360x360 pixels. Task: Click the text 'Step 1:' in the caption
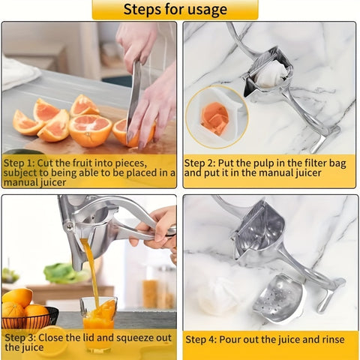(x=19, y=162)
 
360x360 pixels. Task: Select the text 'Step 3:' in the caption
(x=19, y=337)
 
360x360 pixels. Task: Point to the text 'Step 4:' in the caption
(x=201, y=340)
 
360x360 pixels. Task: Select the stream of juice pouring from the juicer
(x=90, y=270)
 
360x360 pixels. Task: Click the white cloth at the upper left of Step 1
(x=16, y=71)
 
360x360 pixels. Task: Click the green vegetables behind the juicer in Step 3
(x=64, y=273)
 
